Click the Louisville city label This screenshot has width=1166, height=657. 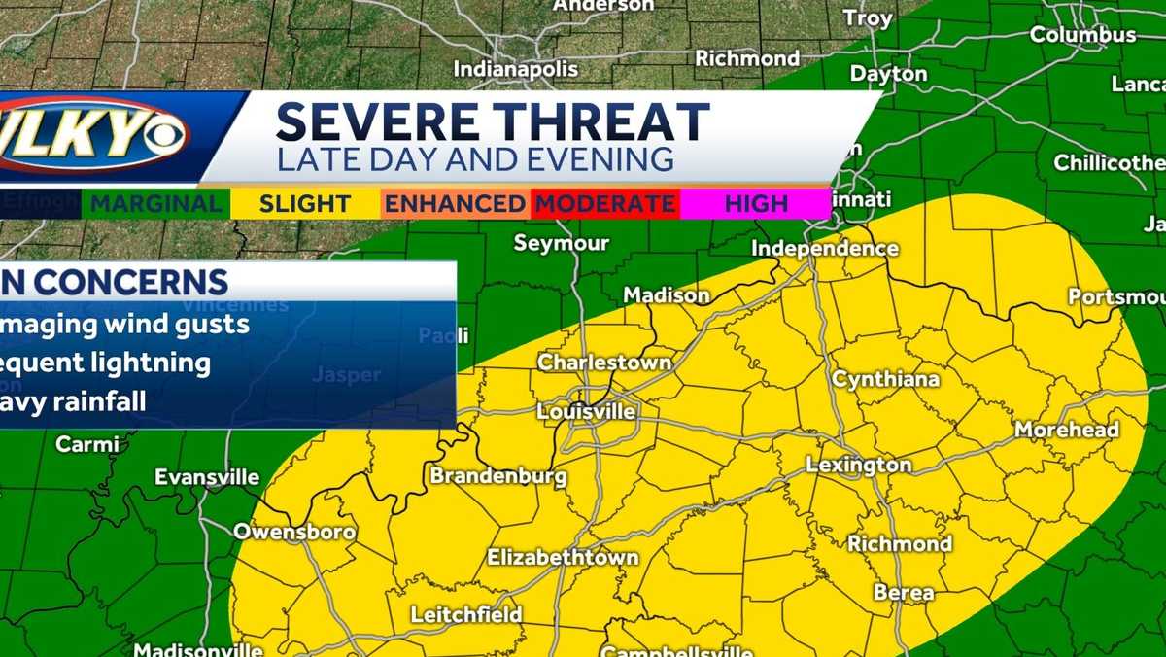[586, 412]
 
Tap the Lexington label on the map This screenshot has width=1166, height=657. [859, 466]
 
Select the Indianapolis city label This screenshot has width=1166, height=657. [516, 69]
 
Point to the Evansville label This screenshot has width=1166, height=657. [207, 477]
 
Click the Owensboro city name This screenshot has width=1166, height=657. [294, 533]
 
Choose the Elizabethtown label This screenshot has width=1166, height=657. [563, 558]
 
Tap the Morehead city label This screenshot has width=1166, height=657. [1067, 430]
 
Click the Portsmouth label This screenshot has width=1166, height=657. [1115, 296]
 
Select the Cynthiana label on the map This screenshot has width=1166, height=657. [885, 379]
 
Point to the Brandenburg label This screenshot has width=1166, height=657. [498, 476]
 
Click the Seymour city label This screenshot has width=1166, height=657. [561, 243]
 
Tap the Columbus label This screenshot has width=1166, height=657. [1082, 35]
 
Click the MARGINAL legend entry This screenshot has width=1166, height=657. [156, 204]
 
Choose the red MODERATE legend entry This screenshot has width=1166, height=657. [604, 204]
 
